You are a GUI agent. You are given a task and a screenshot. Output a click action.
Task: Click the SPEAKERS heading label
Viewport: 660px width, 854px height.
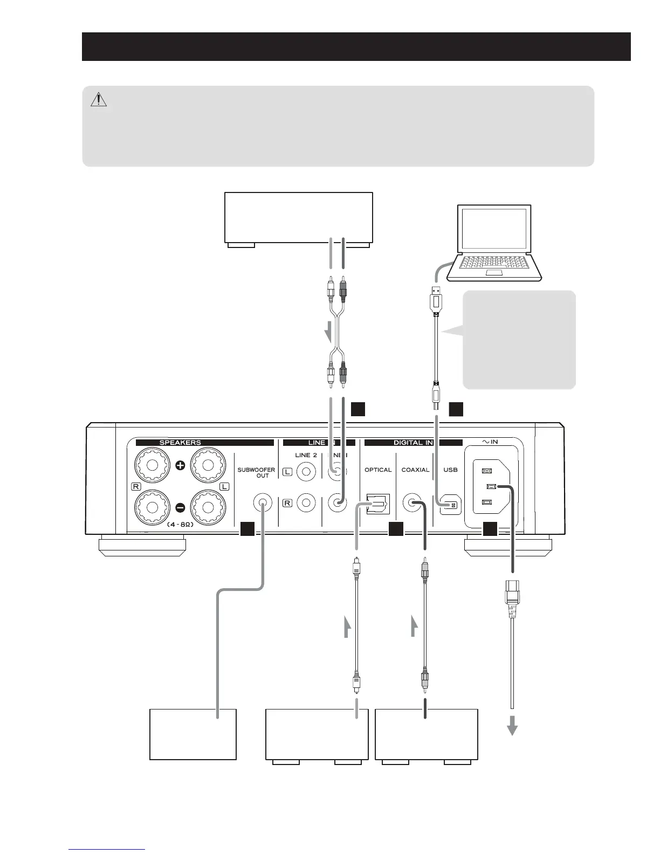[180, 443]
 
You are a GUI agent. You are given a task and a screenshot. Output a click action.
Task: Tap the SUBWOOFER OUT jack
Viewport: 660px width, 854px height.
[262, 503]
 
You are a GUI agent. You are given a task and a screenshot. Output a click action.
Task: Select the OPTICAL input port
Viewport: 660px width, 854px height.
[377, 504]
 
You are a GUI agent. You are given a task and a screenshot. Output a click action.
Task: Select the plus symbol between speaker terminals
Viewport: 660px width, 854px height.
[180, 465]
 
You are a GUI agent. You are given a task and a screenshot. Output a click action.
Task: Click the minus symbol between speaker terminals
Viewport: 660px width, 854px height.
[180, 507]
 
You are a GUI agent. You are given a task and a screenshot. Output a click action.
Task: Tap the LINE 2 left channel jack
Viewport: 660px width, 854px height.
[306, 472]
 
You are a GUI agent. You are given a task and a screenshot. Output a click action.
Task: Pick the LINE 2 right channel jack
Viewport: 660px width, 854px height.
[306, 503]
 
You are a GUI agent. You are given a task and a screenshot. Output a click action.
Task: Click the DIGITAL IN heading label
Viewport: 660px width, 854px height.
[413, 443]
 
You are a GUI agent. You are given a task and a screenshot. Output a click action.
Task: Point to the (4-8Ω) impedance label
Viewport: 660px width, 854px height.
[180, 524]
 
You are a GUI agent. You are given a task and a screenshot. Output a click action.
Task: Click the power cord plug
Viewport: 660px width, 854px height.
[511, 595]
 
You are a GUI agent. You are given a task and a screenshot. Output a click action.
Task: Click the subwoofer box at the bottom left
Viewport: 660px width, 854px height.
[192, 734]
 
